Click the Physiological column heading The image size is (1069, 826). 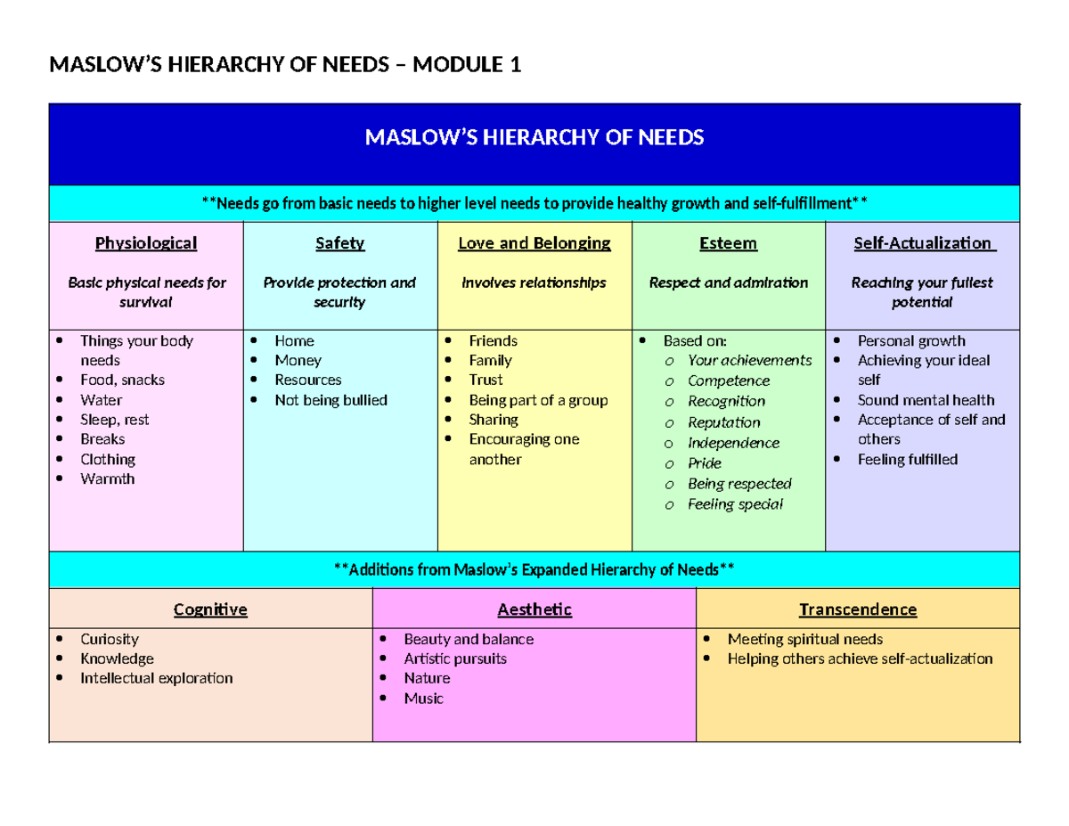tap(146, 243)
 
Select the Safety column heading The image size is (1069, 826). tap(339, 243)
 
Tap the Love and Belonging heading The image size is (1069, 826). tap(534, 243)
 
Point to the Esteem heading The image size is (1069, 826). tap(729, 243)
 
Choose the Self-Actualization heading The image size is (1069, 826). tap(922, 243)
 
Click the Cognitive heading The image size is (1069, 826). tap(210, 610)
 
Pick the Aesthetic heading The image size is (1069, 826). tap(534, 610)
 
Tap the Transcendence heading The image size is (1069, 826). tap(858, 610)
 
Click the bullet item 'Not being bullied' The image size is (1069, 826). tap(330, 400)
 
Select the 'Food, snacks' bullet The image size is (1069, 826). tap(122, 380)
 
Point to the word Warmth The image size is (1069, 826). tap(108, 479)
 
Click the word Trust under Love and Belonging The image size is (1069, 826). tap(486, 380)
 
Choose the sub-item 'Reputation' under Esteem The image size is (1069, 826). tap(724, 422)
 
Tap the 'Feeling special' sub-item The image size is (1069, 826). tap(736, 504)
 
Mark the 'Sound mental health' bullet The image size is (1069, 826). tap(926, 400)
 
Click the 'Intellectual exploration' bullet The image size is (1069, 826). tap(156, 678)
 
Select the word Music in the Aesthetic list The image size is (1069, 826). tap(423, 699)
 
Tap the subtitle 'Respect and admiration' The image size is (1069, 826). tap(729, 282)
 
